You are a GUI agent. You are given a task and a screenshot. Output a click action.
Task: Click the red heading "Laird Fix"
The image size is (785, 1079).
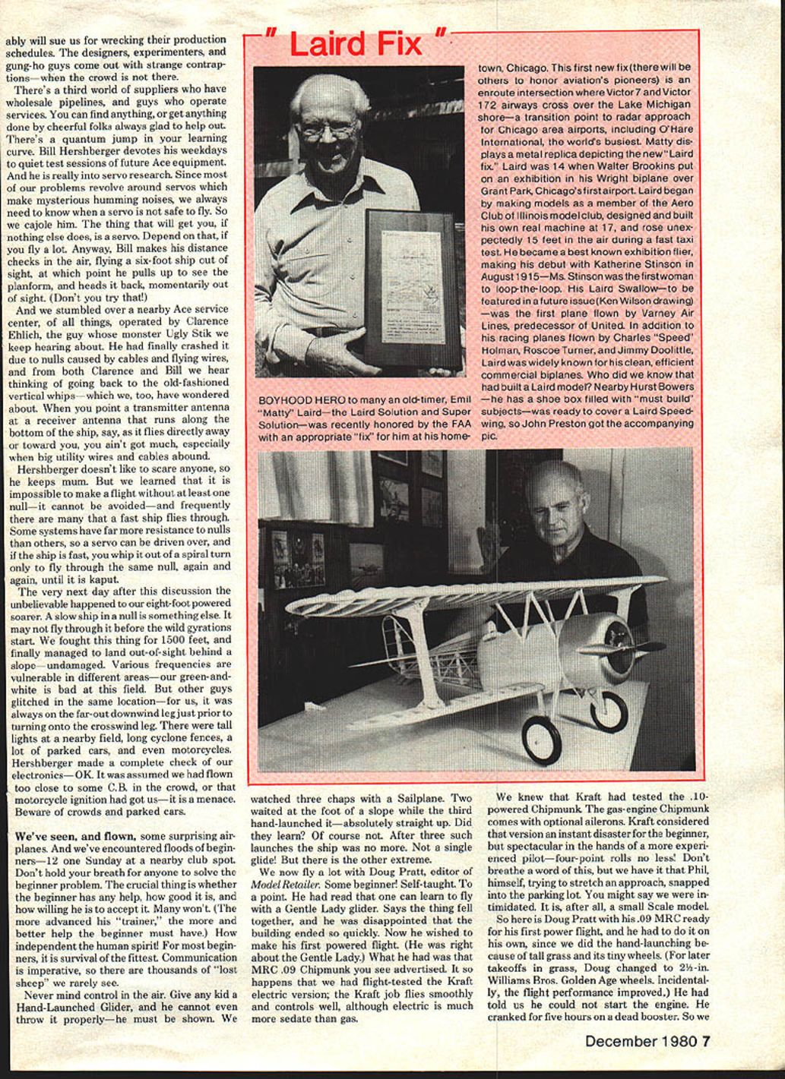[355, 45]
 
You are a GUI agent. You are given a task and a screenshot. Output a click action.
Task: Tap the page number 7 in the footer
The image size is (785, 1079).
[706, 1041]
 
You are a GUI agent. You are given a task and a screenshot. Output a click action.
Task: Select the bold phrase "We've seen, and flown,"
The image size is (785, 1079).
[73, 835]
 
